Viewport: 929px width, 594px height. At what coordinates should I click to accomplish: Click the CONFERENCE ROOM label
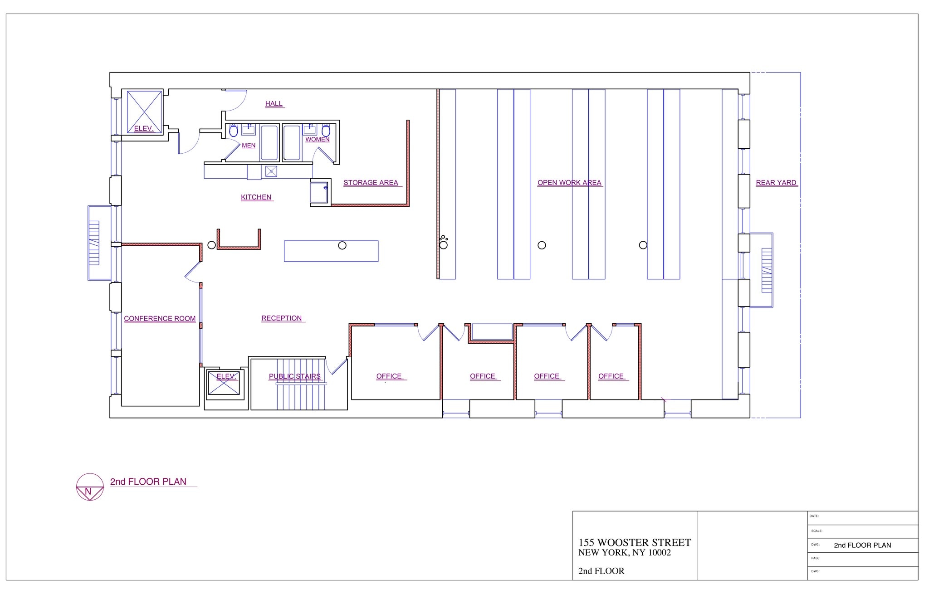click(x=160, y=318)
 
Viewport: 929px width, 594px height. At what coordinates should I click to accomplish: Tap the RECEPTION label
click(x=281, y=318)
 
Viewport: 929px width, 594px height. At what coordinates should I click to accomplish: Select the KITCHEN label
click(x=256, y=197)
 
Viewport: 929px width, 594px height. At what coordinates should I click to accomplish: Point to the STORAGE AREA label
click(x=371, y=182)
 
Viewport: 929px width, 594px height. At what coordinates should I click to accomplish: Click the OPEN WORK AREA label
click(x=569, y=182)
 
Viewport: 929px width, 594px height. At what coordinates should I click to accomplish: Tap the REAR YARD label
click(x=776, y=182)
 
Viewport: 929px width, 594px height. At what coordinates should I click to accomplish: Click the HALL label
click(x=274, y=103)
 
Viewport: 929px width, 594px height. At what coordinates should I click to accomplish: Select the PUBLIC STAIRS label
click(x=294, y=376)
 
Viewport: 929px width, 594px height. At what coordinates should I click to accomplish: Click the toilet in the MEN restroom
click(x=233, y=131)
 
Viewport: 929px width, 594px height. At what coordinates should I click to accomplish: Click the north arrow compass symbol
click(x=89, y=487)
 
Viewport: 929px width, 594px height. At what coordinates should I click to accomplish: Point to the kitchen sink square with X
click(x=271, y=171)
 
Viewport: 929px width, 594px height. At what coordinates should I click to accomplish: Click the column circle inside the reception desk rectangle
click(x=342, y=245)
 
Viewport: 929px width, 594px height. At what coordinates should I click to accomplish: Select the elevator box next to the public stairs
click(x=224, y=383)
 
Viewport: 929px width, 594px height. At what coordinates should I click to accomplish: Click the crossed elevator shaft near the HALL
click(x=144, y=112)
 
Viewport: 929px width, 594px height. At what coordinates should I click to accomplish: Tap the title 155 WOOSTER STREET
click(x=634, y=542)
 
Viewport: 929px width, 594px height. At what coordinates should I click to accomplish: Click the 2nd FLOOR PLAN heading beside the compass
click(x=148, y=482)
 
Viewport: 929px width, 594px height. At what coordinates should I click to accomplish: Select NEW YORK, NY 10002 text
click(x=624, y=552)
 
